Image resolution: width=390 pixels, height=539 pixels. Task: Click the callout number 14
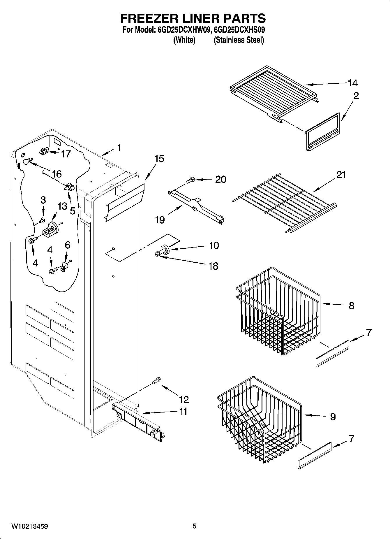click(352, 83)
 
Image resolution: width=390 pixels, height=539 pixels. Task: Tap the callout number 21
click(341, 175)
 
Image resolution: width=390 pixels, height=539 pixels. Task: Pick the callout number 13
click(62, 206)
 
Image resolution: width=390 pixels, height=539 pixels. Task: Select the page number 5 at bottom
click(195, 526)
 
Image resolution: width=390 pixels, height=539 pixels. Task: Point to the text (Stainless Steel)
click(239, 40)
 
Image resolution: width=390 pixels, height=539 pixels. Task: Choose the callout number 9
click(333, 417)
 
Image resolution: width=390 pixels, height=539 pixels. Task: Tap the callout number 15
click(159, 159)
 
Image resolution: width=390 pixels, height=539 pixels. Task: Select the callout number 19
click(160, 220)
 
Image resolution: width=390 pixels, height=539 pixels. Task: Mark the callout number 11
click(183, 412)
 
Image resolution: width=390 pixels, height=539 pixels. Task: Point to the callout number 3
click(43, 200)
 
